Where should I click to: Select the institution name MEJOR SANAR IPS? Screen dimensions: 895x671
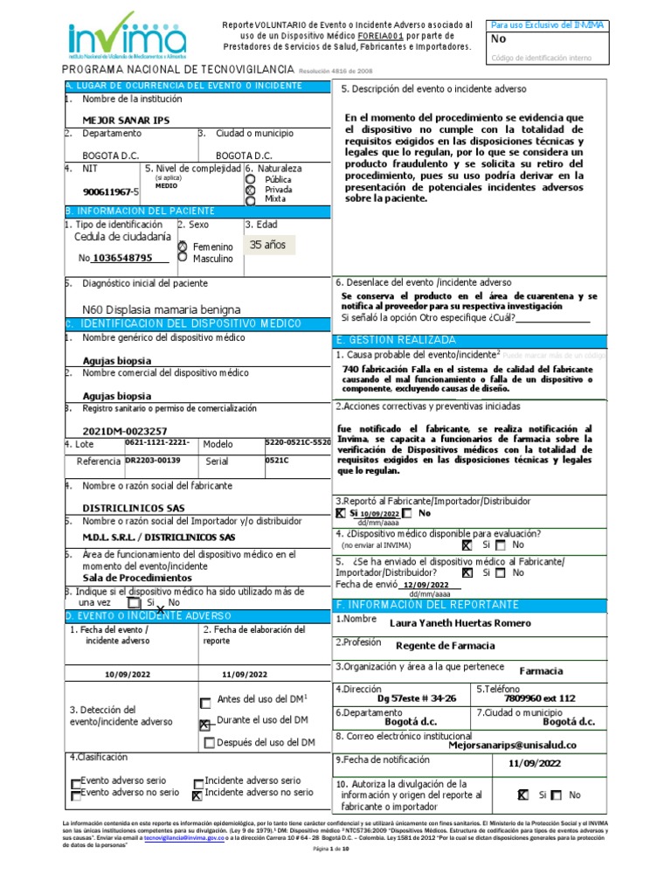coord(126,120)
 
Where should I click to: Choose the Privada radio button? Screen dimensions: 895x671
coord(251,189)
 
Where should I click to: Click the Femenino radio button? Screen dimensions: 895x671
coord(183,247)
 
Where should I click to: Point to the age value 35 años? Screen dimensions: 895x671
coord(267,245)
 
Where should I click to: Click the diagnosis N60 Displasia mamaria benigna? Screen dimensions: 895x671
coord(161,309)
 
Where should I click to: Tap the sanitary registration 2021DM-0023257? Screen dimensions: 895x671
coord(125,431)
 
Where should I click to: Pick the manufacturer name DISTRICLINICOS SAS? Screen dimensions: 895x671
coord(134,507)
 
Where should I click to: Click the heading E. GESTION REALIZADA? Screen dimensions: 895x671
coord(396,339)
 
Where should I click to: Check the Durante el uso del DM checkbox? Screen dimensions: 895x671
coord(205,724)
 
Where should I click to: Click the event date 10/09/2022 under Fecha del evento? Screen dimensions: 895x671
coord(128,674)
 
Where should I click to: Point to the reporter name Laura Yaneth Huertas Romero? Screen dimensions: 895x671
coord(460,622)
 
